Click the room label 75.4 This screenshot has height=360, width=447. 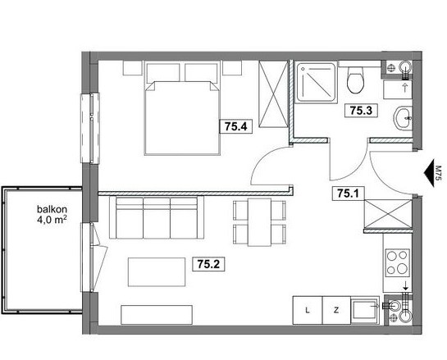point(235,126)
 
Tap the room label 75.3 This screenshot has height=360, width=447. point(361,111)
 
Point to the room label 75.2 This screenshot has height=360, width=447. point(208,265)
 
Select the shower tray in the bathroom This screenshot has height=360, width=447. point(316,82)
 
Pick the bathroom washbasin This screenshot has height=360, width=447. point(403,118)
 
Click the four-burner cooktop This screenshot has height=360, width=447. point(398,262)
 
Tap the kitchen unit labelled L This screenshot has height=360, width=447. point(308,310)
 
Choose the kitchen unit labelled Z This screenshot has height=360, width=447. point(336,310)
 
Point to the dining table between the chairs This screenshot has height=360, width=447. point(259,222)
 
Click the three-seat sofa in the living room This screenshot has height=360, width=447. point(157,217)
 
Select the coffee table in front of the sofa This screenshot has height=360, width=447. point(157,272)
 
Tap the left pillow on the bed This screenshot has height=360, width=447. point(162,73)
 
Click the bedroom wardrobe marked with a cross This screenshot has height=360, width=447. point(273,93)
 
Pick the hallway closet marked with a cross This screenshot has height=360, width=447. point(388,214)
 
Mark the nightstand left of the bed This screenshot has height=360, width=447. point(133,68)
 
